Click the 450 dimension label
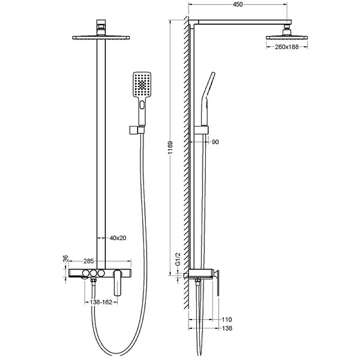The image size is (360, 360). [238, 4]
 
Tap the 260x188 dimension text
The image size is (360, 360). [287, 47]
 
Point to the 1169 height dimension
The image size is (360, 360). [171, 148]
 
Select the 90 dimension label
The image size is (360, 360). [215, 142]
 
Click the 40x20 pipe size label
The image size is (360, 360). [118, 238]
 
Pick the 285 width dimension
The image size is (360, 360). [89, 261]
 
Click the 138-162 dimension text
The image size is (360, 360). [101, 302]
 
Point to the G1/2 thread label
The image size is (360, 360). [178, 259]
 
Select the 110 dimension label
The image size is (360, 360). [227, 319]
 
